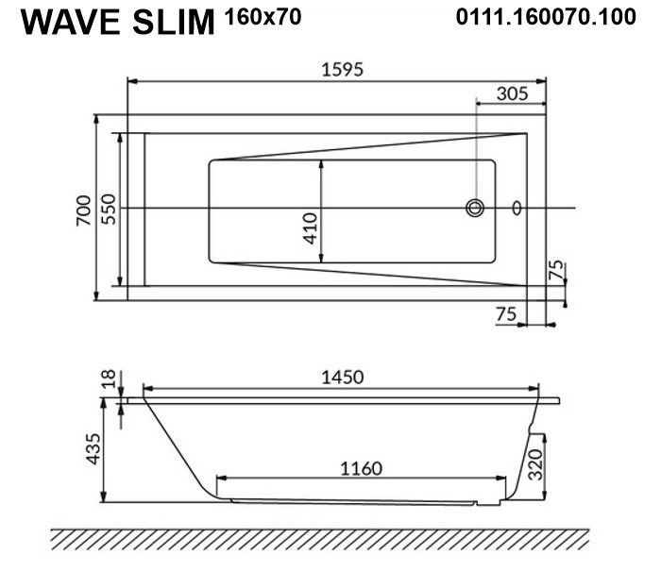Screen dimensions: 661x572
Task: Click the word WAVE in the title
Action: [x=71, y=23]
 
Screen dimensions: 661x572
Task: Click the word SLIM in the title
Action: [x=174, y=23]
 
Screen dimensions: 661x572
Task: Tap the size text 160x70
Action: [x=263, y=17]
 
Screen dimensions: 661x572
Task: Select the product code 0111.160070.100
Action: [x=546, y=17]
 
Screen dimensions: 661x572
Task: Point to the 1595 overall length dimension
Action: [x=342, y=69]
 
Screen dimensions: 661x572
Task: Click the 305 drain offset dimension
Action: [x=512, y=93]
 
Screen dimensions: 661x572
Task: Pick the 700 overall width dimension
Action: [x=84, y=210]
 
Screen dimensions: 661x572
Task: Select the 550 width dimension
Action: [x=109, y=210]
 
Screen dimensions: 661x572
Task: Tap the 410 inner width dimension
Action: [x=311, y=228]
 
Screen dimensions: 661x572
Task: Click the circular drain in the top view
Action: [x=475, y=208]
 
